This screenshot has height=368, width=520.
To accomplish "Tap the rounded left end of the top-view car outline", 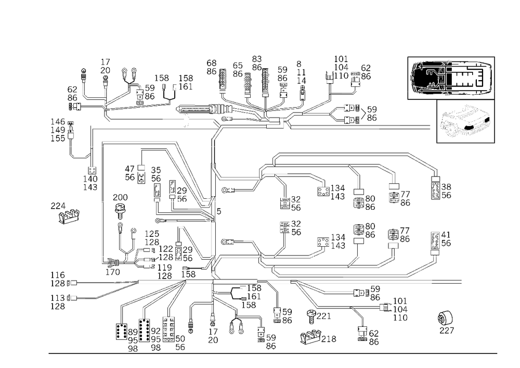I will click(x=414, y=77).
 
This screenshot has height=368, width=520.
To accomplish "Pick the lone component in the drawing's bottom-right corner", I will click(x=446, y=321).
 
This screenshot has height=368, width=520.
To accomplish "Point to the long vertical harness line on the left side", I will click(x=101, y=203).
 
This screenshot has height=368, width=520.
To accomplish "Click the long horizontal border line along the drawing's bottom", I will click(x=270, y=353).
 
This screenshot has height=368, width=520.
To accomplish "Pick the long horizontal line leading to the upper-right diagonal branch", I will click(x=338, y=155).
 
